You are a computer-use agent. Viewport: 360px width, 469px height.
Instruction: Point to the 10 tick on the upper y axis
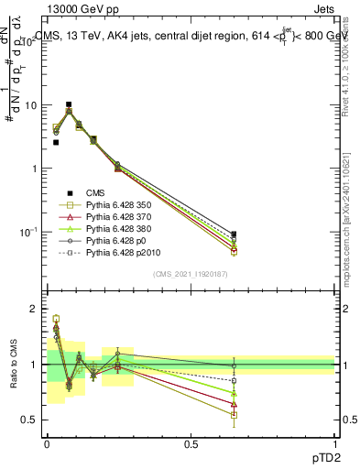pos(35,105)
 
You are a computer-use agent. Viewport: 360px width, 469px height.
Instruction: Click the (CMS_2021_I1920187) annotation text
pos(191,274)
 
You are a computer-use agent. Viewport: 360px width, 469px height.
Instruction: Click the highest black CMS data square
pos(69,104)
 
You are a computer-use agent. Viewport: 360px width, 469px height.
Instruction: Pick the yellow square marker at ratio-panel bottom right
pos(234,415)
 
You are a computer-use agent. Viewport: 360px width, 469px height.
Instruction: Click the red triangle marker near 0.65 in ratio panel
pos(234,404)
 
